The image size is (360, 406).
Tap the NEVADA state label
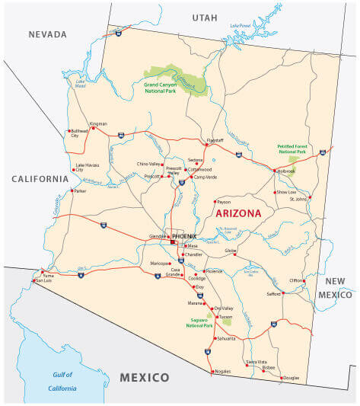(x=47, y=34)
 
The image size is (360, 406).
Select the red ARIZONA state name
(x=238, y=213)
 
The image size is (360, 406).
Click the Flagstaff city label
(x=216, y=140)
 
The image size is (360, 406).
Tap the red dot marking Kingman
(x=93, y=128)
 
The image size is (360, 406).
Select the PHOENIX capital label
(x=184, y=237)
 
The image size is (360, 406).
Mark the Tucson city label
(x=225, y=316)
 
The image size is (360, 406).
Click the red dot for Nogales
(x=212, y=371)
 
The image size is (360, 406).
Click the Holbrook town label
(x=286, y=171)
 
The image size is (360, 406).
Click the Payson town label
(x=224, y=202)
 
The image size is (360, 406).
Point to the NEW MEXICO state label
(x=336, y=287)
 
